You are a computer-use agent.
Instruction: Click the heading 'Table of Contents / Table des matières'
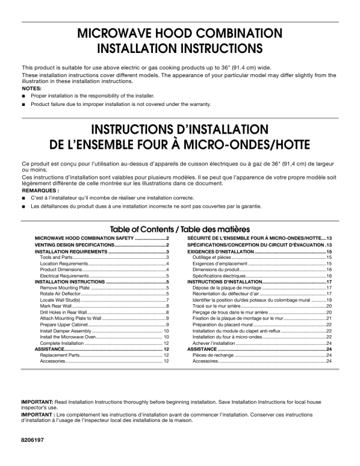coord(180,229)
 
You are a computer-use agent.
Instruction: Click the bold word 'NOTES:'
coord(32,88)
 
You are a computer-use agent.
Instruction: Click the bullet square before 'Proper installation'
coord(24,95)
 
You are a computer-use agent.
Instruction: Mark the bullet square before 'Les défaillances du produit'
coord(24,207)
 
